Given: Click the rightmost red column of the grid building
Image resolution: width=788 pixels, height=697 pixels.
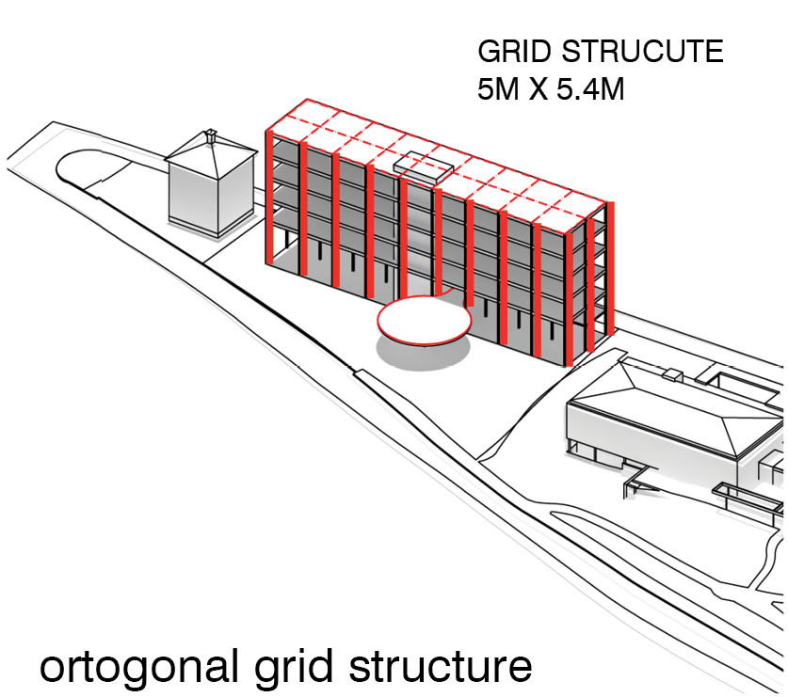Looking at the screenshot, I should [611, 268].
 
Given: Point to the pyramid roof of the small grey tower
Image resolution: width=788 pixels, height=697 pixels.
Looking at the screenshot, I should [211, 150].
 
